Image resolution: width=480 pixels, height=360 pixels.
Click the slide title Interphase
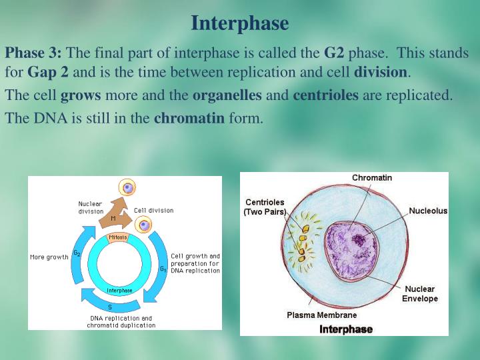point(239,23)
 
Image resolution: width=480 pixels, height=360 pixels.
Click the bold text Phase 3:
point(33,53)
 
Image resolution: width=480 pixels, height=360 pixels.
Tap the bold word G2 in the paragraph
point(335,53)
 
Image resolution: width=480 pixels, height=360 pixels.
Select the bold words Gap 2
point(48,71)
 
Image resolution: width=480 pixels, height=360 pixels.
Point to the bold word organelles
point(227,95)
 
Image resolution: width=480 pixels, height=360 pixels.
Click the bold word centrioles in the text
point(325,95)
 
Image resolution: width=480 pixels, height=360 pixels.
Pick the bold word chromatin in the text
point(189,119)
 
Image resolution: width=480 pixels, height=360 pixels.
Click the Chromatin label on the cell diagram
point(372,178)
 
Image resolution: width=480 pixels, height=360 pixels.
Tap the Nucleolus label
point(428,211)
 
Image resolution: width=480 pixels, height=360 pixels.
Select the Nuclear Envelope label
point(419,294)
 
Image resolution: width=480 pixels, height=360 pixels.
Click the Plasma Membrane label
point(321,315)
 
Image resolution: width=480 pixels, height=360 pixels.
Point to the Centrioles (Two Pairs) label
point(265,207)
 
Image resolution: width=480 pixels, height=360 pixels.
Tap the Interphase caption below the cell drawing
point(346,329)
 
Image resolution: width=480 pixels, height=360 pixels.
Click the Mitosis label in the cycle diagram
point(118,237)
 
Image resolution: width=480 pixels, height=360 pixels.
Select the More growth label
point(49,257)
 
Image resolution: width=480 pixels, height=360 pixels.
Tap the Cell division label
point(153,210)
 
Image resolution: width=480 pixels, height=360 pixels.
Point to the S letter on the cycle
point(110,307)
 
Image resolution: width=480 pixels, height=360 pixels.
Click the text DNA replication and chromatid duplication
point(123,321)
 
